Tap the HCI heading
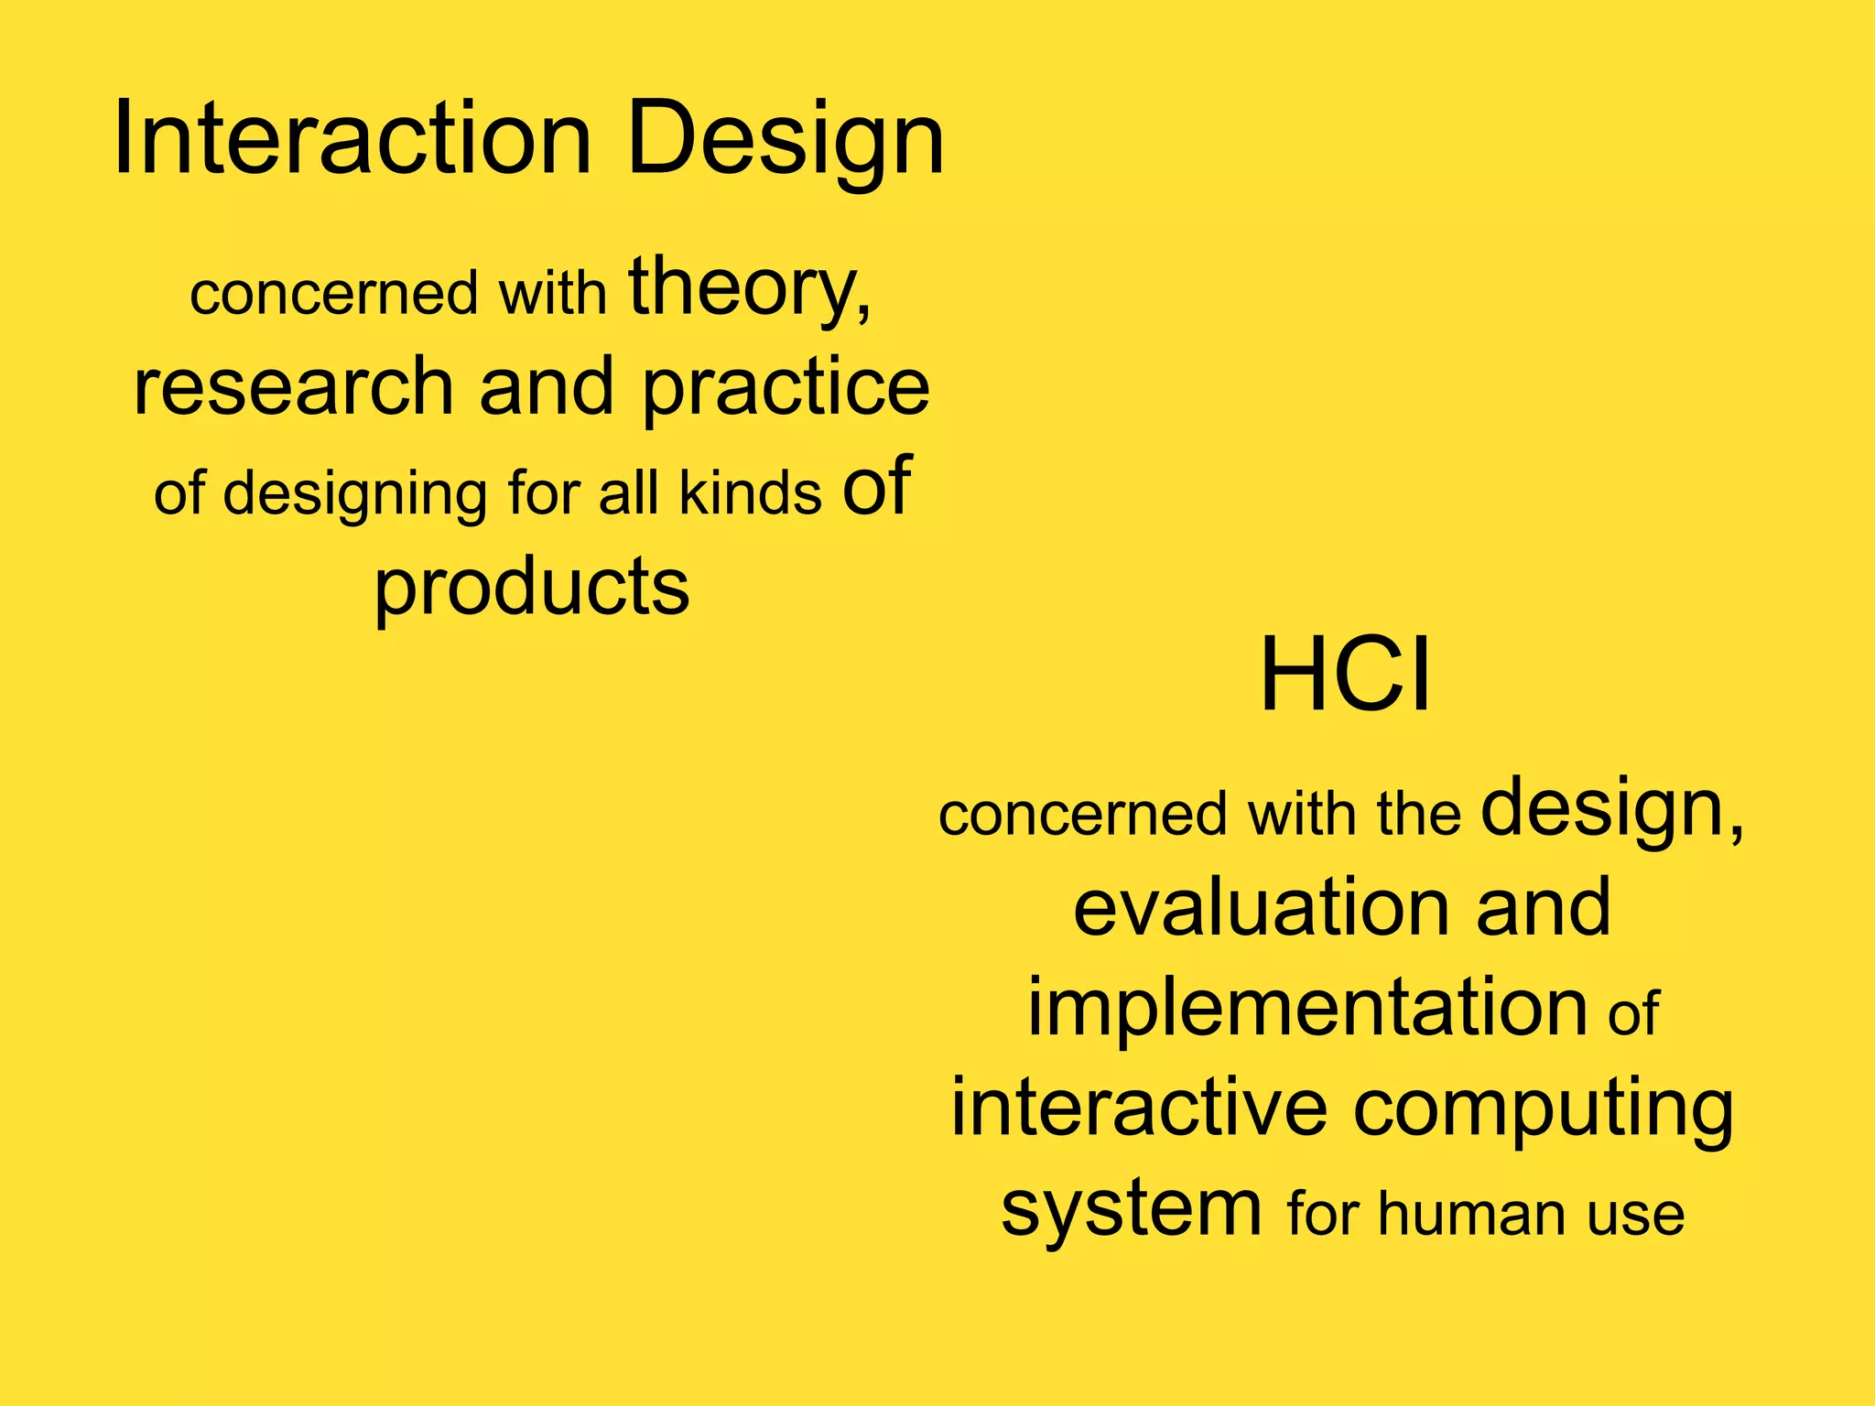coord(1344,676)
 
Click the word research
coord(293,386)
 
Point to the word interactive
coord(1139,1108)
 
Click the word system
coord(1131,1208)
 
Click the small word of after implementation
coord(1632,1013)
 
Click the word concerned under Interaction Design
coord(334,294)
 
